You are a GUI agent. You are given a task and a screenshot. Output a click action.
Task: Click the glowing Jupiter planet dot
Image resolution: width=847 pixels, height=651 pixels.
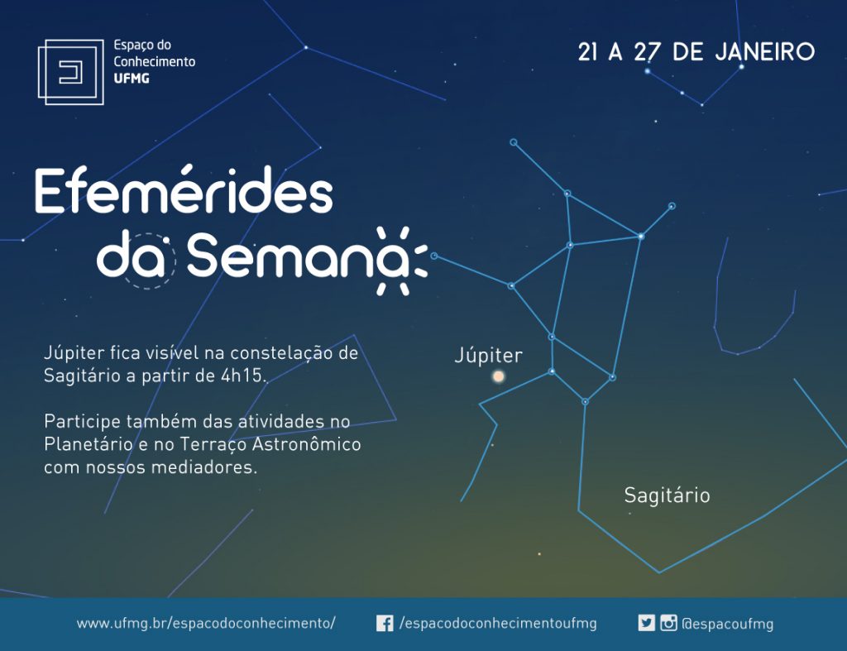(499, 376)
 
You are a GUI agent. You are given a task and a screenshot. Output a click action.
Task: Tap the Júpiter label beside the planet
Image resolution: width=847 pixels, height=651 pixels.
(489, 355)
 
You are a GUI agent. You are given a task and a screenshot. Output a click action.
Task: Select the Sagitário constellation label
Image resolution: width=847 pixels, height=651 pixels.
(668, 495)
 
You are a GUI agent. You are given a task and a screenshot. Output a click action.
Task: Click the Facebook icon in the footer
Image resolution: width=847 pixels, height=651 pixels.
(385, 624)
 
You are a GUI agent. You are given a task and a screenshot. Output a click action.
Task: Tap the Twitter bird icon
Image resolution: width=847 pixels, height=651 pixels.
(646, 623)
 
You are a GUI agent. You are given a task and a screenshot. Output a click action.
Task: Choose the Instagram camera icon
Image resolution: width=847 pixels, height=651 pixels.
(668, 623)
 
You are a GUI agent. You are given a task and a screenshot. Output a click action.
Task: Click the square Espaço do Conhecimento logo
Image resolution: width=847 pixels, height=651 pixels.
(71, 72)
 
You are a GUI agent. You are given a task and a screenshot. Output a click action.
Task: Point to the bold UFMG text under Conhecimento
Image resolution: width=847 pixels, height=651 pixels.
(132, 79)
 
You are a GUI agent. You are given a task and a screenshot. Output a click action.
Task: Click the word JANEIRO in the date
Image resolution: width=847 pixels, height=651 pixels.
(765, 52)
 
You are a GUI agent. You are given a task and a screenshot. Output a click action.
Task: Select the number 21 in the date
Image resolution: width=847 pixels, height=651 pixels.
(588, 52)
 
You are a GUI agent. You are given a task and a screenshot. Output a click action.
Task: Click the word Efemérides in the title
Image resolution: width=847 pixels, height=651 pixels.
(184, 191)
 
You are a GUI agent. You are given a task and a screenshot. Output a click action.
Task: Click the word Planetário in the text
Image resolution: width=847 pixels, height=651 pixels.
(88, 443)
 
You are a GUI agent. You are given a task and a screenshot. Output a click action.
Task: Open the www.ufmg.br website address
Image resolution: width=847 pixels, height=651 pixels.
(206, 623)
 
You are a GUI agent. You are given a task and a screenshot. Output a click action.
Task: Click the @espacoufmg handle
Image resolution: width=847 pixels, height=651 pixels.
(728, 624)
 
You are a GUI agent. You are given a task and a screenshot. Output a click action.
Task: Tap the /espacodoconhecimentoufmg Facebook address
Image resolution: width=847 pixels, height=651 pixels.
(498, 624)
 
